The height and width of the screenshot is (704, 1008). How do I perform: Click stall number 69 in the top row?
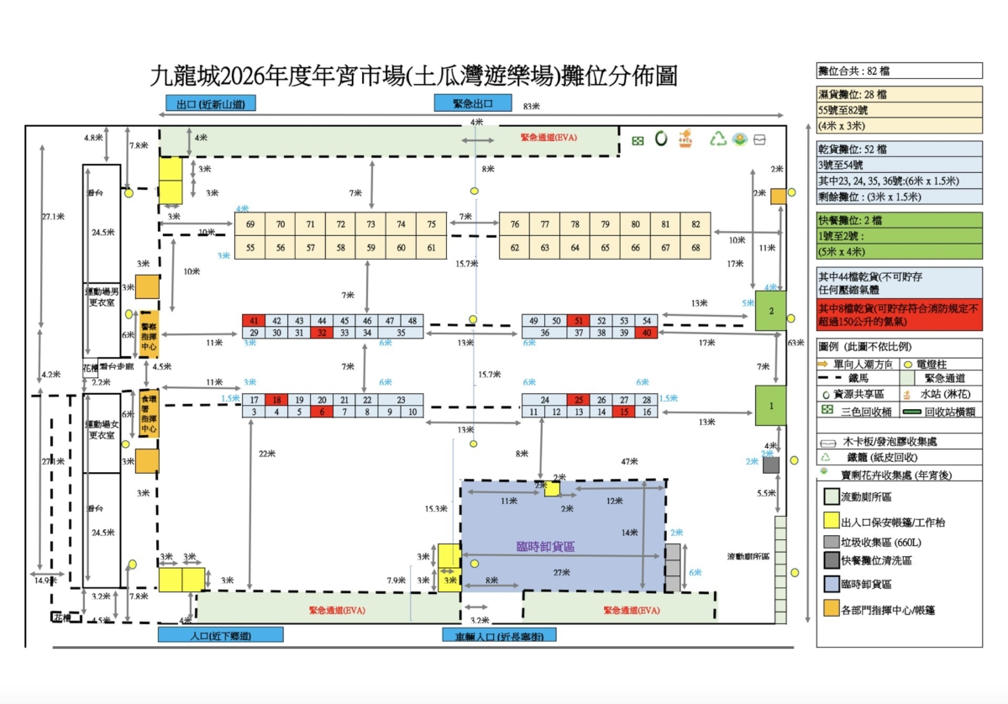(249, 224)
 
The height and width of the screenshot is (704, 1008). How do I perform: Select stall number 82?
(696, 224)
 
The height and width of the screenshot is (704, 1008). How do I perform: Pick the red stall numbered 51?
(578, 321)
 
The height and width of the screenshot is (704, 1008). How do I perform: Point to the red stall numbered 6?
(321, 412)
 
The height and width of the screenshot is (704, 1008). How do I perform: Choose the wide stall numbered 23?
(401, 400)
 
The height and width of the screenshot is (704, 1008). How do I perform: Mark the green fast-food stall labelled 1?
(770, 407)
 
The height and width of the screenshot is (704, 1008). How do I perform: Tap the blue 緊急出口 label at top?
(472, 103)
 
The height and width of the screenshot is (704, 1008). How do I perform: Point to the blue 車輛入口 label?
(499, 636)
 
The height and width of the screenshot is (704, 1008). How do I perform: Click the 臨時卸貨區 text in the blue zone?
(545, 547)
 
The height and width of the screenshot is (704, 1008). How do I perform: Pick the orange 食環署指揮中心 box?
(149, 413)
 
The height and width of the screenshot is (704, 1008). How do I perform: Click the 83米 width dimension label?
(530, 107)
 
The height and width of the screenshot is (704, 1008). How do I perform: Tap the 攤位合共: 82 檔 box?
(899, 71)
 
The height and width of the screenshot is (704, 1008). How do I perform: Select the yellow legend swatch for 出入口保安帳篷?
(831, 522)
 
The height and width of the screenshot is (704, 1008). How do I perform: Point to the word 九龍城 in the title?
(183, 77)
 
